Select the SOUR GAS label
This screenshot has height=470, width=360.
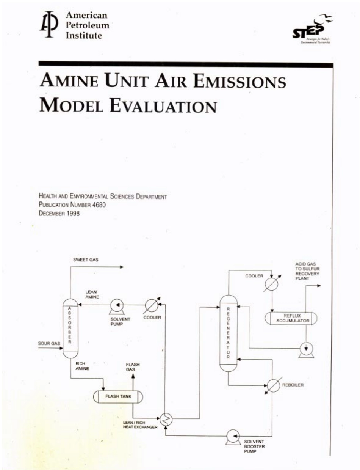coord(49,344)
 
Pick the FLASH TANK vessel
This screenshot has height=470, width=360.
coord(118,397)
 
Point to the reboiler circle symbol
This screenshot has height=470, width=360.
coord(272,385)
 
